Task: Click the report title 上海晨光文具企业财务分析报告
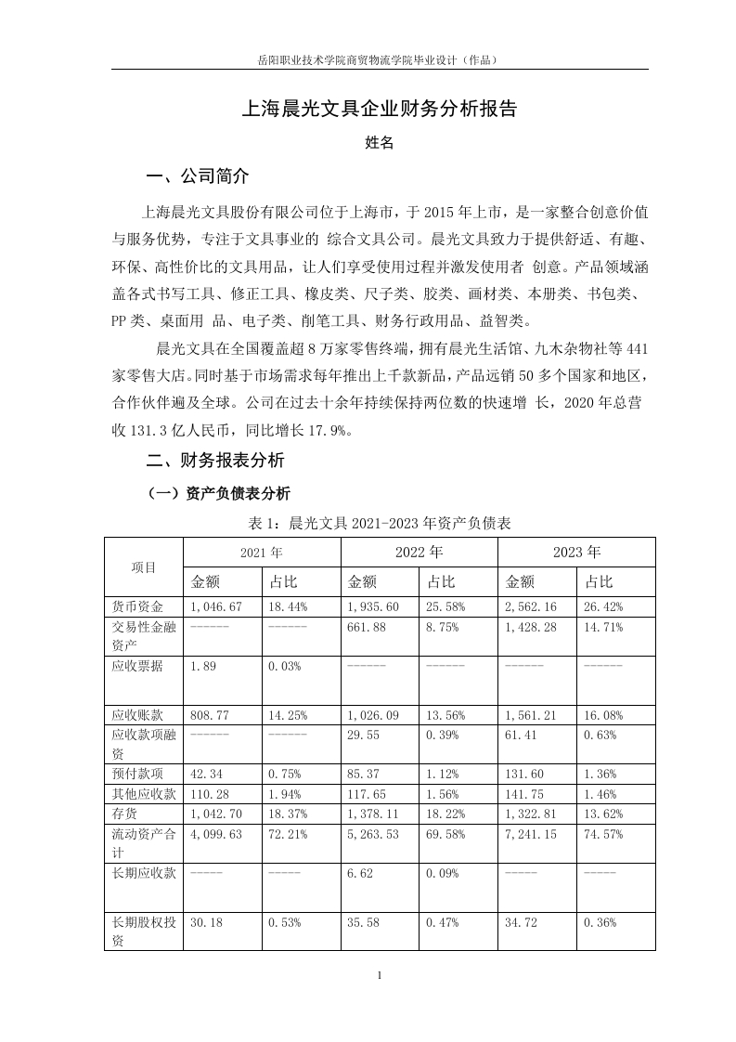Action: [379, 109]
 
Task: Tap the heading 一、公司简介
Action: [199, 176]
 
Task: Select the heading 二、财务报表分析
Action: [216, 460]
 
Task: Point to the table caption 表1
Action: [379, 523]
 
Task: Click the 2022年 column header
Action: [419, 552]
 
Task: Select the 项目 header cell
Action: [144, 567]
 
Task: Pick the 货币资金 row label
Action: [136, 606]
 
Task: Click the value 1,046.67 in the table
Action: [216, 606]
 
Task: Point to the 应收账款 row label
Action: [136, 716]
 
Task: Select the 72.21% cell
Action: [287, 834]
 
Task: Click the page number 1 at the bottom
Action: [379, 976]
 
